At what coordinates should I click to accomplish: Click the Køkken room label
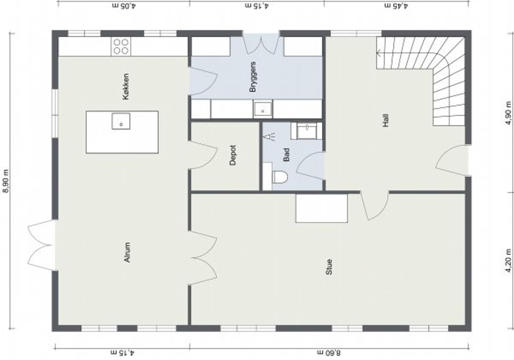[126, 87]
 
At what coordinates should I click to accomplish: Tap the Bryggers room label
[253, 77]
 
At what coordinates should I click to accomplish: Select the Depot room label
[233, 155]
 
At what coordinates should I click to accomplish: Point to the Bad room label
[286, 155]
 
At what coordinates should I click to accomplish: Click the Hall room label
[386, 121]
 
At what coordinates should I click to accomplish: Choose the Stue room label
[329, 267]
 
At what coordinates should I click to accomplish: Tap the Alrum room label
[127, 252]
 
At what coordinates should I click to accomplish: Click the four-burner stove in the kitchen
[121, 47]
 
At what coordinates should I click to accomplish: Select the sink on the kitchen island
[121, 121]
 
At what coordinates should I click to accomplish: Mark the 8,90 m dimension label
[6, 181]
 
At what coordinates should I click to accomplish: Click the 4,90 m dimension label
[508, 113]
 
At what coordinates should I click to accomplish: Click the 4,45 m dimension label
[396, 6]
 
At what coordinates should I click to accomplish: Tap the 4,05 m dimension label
[124, 6]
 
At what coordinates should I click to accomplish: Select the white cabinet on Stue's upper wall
[321, 208]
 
